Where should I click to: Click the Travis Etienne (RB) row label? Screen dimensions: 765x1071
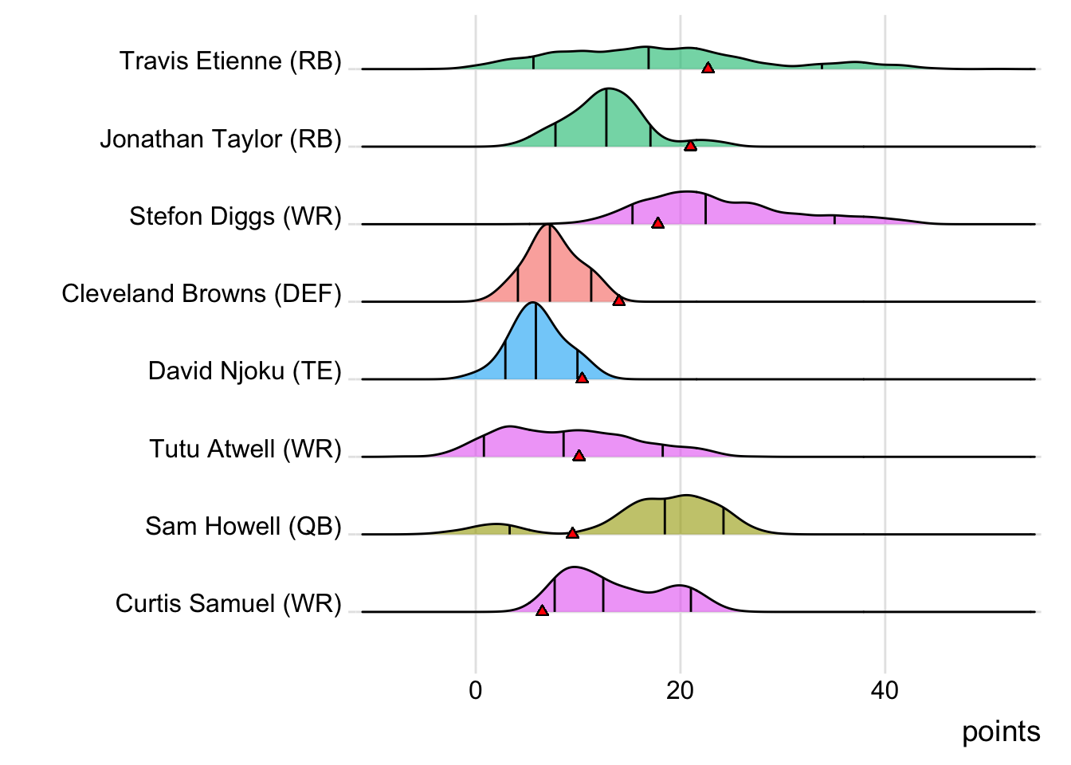pos(230,61)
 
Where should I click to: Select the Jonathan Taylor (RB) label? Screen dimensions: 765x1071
pos(221,139)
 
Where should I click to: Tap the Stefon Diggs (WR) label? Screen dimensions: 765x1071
pos(235,216)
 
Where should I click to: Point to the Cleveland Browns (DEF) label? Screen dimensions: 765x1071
pos(202,293)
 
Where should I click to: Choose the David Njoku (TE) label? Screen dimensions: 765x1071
pos(245,371)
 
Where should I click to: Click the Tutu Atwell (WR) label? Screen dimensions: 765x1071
pos(245,449)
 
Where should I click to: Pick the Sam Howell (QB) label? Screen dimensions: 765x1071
pos(243,526)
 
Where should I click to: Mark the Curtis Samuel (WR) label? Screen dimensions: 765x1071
pos(228,603)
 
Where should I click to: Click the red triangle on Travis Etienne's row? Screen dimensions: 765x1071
pos(708,69)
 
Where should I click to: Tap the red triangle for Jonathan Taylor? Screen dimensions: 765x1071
pos(690,146)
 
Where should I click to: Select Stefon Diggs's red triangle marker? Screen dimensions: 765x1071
pos(657,223)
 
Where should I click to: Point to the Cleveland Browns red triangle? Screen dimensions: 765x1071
pos(619,300)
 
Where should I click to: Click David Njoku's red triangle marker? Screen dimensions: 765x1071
pos(582,378)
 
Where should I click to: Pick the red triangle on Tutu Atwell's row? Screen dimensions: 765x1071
pos(579,456)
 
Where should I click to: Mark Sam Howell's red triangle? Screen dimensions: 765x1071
pos(572,533)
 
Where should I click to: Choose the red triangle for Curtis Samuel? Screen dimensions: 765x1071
pos(542,610)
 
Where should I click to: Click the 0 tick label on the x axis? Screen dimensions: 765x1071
pos(476,691)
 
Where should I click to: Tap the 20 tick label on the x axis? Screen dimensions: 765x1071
pos(680,691)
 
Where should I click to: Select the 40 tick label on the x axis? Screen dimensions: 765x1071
pos(885,691)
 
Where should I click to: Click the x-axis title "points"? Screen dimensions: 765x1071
pos(1001,732)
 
